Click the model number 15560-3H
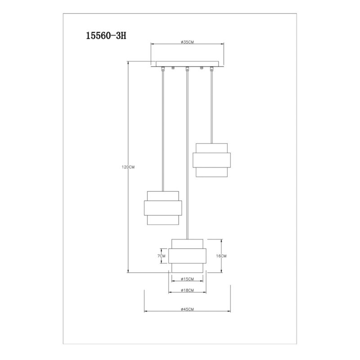tap(106, 36)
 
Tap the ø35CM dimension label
tap(187, 42)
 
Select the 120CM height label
tap(128, 167)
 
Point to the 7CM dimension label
tap(162, 256)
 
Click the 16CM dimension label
tap(221, 256)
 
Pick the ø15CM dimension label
tap(187, 279)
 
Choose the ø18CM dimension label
tap(187, 290)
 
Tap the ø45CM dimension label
tap(187, 309)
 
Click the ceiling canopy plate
tap(187, 64)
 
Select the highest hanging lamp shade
tap(211, 160)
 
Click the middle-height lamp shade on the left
tap(163, 208)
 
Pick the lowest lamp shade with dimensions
tap(187, 256)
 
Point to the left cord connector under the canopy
tap(163, 69)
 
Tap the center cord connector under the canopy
tap(187, 69)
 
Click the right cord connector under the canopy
tap(211, 69)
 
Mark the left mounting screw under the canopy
tap(173, 68)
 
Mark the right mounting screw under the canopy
tap(202, 68)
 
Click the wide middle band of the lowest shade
tap(187, 256)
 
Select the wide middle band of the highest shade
tap(211, 160)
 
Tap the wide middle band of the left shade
tap(163, 208)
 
